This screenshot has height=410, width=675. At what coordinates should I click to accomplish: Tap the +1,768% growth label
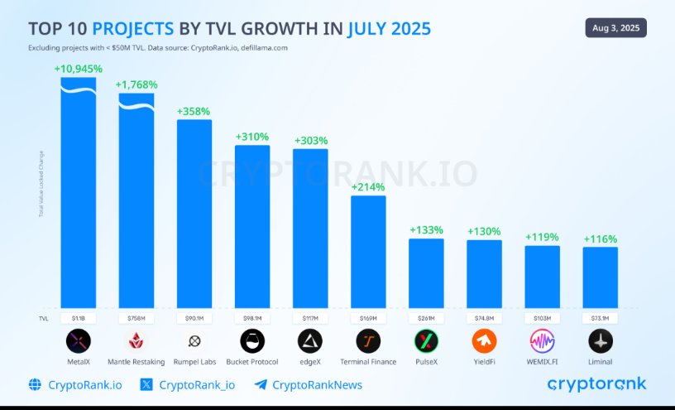[136, 84]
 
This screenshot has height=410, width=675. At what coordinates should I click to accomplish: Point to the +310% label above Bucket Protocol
[252, 136]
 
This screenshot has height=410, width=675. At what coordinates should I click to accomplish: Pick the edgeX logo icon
[310, 340]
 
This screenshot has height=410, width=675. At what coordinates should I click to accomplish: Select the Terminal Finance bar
[368, 252]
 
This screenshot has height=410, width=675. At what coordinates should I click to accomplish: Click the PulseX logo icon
[426, 340]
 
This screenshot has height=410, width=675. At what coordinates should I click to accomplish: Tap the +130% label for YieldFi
[484, 231]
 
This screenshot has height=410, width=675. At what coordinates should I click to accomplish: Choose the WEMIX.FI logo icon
[542, 340]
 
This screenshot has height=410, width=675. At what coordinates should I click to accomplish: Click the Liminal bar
[600, 277]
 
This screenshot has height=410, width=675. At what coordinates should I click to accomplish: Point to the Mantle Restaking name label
[136, 362]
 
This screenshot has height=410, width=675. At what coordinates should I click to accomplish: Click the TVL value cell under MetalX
[79, 317]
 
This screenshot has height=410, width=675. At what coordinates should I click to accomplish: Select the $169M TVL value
[368, 317]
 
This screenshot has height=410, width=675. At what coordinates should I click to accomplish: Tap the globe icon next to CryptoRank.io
[35, 384]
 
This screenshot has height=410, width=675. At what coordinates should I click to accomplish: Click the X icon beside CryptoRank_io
[146, 384]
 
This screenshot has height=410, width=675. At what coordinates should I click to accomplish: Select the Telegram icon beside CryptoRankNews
[261, 384]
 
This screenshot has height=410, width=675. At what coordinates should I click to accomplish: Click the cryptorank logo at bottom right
[596, 383]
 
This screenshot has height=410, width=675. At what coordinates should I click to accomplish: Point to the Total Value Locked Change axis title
[41, 184]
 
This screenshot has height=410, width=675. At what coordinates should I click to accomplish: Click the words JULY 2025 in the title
[389, 29]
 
